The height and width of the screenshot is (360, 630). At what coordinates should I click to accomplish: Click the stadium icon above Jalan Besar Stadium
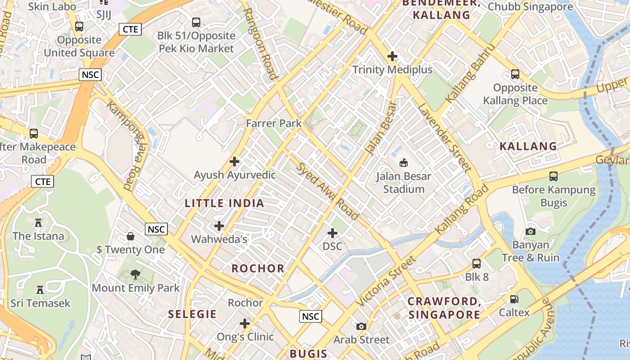pyautogui.click(x=404, y=162)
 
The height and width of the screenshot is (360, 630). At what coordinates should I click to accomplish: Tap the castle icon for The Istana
pyautogui.click(x=38, y=222)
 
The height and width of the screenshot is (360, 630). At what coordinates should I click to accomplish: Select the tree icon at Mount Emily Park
pyautogui.click(x=135, y=274)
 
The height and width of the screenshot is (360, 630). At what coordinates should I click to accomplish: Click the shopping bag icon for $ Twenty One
pyautogui.click(x=130, y=236)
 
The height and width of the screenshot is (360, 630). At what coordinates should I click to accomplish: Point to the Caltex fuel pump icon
pyautogui.click(x=514, y=299)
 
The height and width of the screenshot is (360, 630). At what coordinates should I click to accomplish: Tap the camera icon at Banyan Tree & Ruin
pyautogui.click(x=531, y=231)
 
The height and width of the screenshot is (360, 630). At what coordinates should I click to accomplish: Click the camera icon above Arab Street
pyautogui.click(x=361, y=326)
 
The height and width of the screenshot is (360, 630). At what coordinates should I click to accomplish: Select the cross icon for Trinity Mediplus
pyautogui.click(x=392, y=56)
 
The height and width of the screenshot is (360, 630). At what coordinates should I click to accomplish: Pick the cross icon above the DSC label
pyautogui.click(x=333, y=233)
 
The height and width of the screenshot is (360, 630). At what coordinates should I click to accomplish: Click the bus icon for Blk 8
pyautogui.click(x=477, y=264)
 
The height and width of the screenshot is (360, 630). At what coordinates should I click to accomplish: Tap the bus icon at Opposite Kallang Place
pyautogui.click(x=515, y=74)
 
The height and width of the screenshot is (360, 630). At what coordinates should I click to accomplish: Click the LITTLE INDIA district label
pyautogui.click(x=225, y=203)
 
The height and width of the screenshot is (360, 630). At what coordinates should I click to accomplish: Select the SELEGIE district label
pyautogui.click(x=192, y=314)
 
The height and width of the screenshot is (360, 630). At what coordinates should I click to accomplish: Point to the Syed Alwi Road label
pyautogui.click(x=327, y=191)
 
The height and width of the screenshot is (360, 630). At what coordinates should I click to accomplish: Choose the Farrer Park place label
pyautogui.click(x=274, y=123)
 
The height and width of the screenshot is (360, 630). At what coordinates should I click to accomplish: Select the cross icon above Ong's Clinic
pyautogui.click(x=245, y=324)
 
